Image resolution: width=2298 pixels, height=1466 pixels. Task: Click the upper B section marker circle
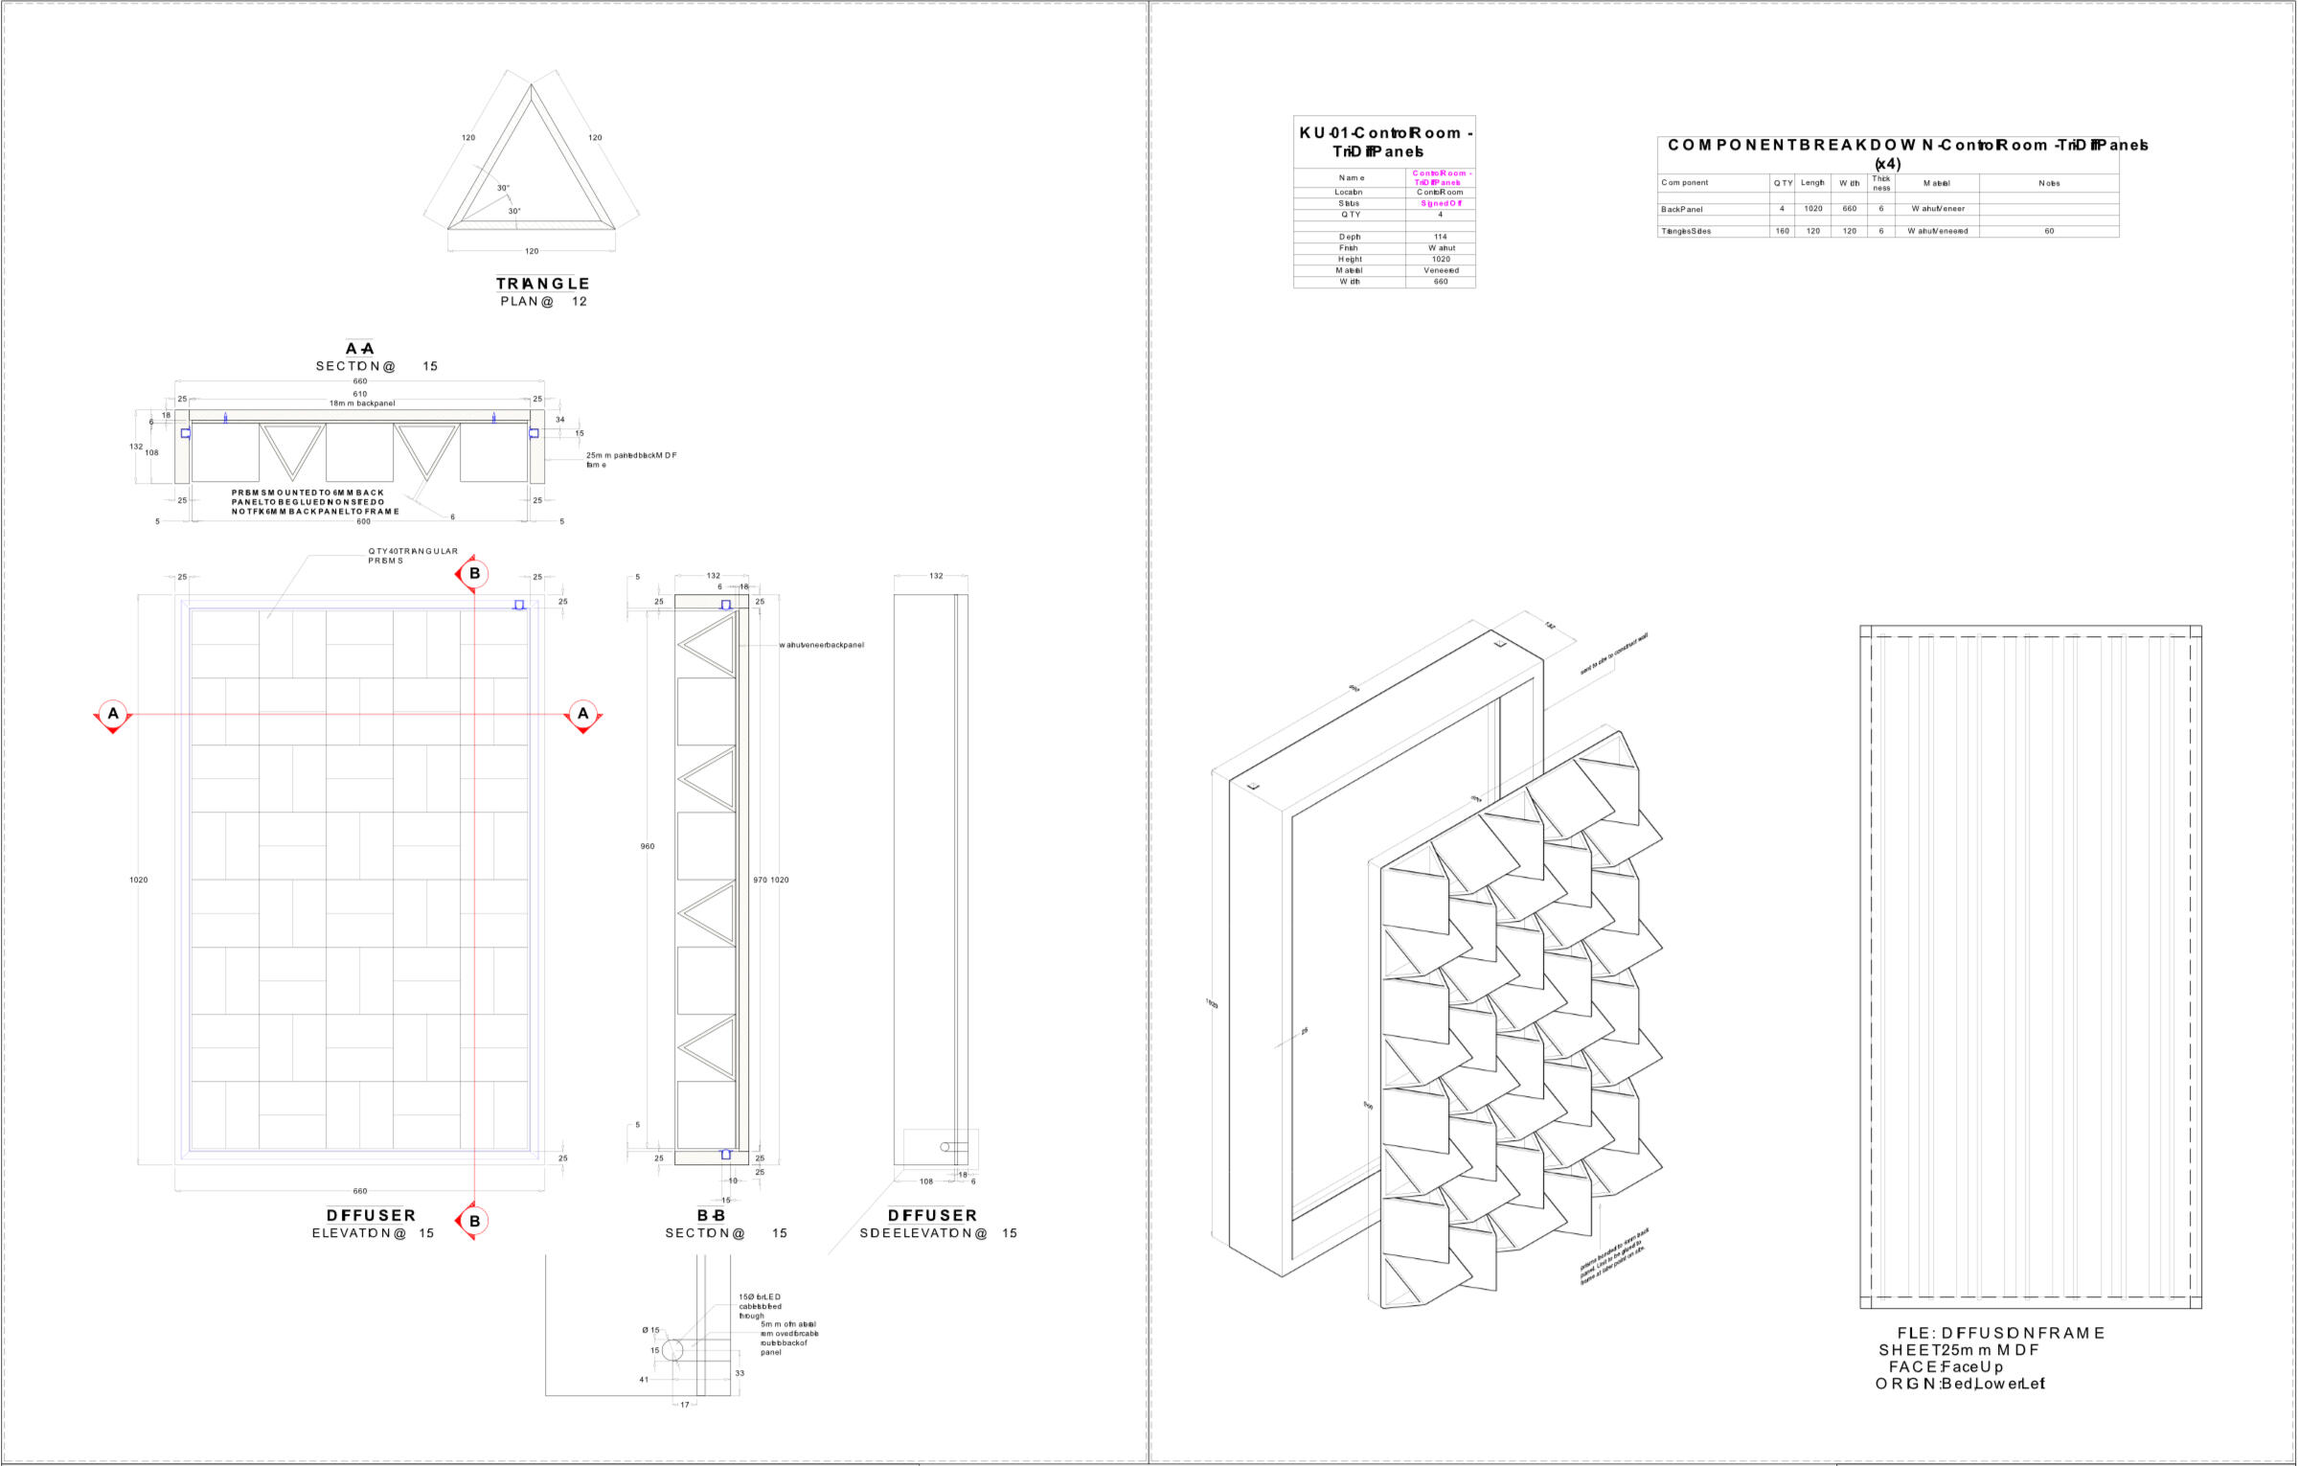(474, 574)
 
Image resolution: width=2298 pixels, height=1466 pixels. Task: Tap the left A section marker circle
(113, 713)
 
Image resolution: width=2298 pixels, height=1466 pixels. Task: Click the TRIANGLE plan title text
(542, 284)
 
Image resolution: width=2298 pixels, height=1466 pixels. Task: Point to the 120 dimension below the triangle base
(532, 251)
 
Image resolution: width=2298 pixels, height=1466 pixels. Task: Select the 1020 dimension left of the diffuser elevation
(139, 880)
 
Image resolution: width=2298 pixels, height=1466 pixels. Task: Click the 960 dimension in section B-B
(648, 846)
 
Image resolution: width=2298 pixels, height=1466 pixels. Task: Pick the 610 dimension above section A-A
(360, 394)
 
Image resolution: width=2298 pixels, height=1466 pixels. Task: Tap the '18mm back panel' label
(362, 403)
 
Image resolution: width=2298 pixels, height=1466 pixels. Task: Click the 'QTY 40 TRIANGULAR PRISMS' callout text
(413, 556)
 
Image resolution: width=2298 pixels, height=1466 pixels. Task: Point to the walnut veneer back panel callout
(822, 645)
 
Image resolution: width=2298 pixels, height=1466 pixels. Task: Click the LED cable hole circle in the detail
(672, 1350)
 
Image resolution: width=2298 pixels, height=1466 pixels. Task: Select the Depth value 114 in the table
(1441, 237)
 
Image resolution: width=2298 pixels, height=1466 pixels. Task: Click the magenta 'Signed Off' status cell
(1441, 203)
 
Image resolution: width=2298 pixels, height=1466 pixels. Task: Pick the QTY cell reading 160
(1782, 231)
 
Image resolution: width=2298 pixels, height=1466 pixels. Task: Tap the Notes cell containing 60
(2049, 231)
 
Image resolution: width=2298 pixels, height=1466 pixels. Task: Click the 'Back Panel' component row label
(1682, 209)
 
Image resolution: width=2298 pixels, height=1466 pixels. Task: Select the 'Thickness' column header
(1881, 182)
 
